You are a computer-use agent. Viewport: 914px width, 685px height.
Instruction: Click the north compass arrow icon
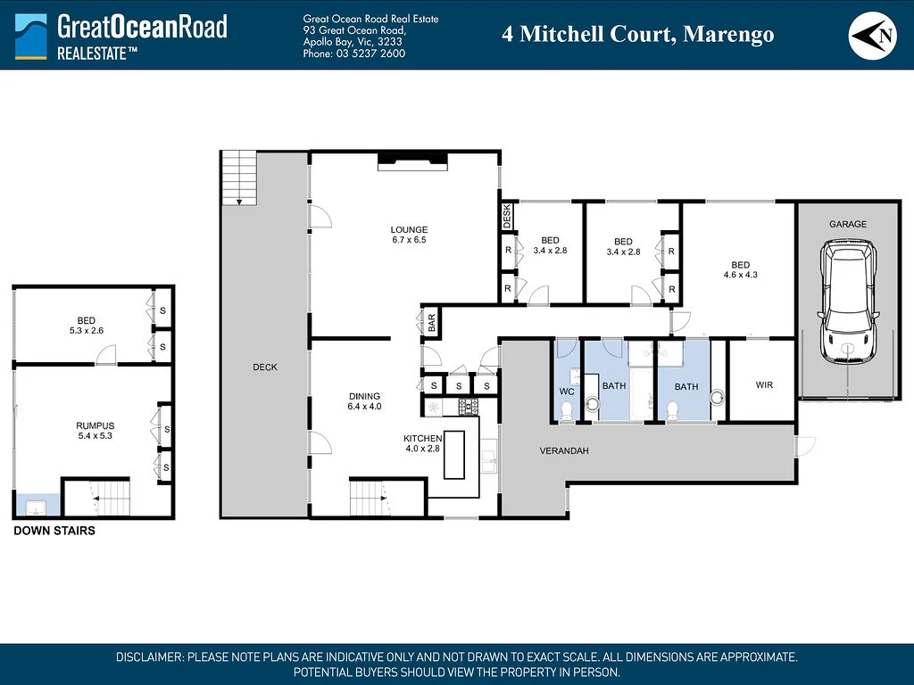point(871,35)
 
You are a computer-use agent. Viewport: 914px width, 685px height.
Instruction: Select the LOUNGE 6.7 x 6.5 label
point(409,235)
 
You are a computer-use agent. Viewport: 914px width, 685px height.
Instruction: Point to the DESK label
point(507,216)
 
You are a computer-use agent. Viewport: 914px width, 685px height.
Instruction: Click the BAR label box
point(430,321)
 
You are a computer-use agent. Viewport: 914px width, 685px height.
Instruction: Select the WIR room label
point(763,385)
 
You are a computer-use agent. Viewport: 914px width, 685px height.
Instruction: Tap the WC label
point(566,392)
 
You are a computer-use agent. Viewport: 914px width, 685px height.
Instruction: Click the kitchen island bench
point(454,455)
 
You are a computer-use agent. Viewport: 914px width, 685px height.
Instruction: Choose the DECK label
point(265,367)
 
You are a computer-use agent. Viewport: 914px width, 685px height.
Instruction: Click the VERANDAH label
point(564,450)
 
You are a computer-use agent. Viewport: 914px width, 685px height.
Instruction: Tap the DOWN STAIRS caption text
point(54,531)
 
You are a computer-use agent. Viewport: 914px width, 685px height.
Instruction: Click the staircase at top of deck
point(238,177)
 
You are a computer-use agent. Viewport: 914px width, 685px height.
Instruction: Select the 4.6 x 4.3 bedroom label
point(740,269)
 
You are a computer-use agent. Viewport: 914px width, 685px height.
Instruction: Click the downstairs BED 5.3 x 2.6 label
point(86,325)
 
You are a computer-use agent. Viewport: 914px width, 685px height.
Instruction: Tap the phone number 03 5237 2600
point(354,54)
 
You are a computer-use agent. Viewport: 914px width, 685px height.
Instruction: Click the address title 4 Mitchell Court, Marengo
point(637,35)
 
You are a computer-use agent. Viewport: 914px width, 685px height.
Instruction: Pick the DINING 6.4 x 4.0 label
point(364,401)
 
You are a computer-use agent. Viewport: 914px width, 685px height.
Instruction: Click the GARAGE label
point(847,224)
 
